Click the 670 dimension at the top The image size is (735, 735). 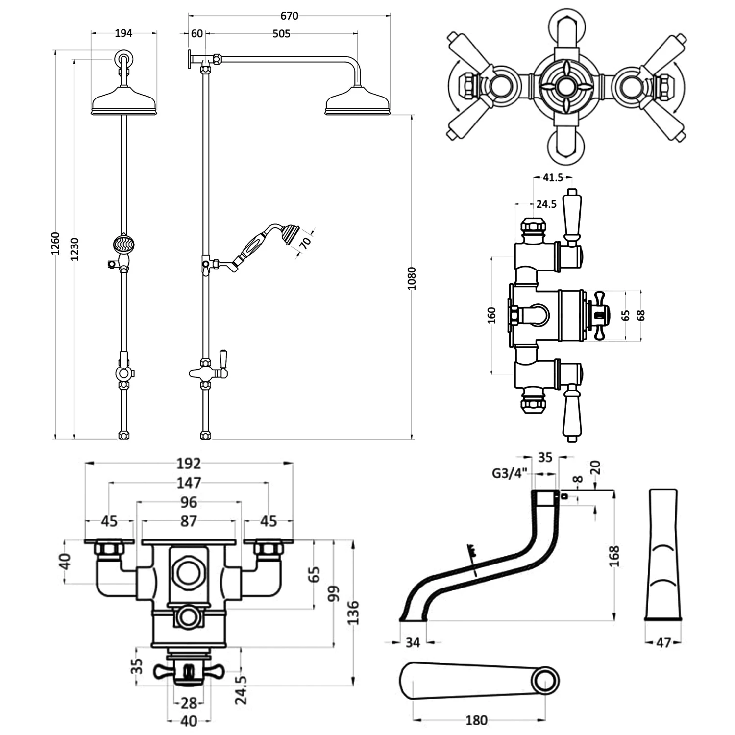(289, 16)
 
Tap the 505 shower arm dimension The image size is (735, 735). (281, 33)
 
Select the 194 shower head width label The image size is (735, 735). (123, 33)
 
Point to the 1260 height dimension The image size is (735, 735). (55, 243)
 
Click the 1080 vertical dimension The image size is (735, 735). (412, 278)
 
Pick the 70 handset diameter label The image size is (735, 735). (306, 243)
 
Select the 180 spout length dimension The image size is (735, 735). (476, 720)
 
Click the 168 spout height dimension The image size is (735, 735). (616, 556)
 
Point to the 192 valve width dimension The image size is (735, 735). (189, 463)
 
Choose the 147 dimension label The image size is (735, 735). (189, 483)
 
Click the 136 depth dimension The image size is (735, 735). (353, 612)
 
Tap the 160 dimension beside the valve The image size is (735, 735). (492, 315)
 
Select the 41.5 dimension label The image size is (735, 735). (553, 177)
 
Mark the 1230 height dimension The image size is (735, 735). (74, 249)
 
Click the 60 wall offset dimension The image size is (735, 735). (197, 33)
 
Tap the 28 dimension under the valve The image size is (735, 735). (189, 703)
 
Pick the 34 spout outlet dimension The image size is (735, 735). (413, 642)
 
